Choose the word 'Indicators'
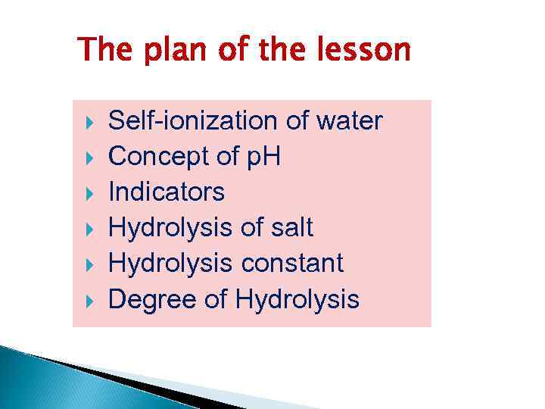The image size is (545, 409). click(167, 192)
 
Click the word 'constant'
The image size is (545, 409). click(292, 264)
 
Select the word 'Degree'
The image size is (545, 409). click(153, 300)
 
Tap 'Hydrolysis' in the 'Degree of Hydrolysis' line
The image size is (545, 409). click(297, 300)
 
